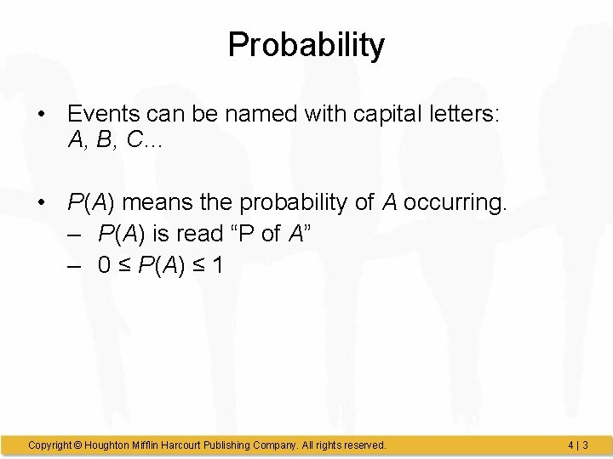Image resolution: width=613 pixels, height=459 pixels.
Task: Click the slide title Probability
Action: coord(306,45)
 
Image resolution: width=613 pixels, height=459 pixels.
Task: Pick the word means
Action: coord(168,204)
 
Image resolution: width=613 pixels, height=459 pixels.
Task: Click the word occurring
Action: coord(455,204)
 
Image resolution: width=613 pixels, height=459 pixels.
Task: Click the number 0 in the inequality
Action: coord(104,265)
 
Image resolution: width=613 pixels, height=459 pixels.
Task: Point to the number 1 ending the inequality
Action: coord(218,265)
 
